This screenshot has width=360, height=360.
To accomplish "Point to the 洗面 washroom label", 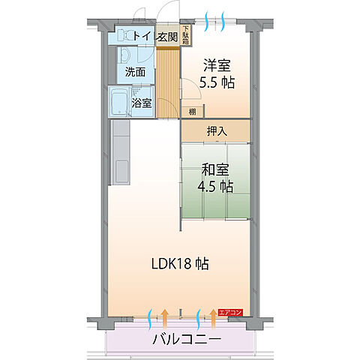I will point(136,73).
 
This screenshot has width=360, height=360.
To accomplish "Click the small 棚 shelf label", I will point(193,112).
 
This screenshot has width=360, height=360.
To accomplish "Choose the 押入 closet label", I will point(216,130).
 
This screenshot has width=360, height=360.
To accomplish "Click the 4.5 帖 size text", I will point(216,186).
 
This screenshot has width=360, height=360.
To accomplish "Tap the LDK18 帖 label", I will point(180,263).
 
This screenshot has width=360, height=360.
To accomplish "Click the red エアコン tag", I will point(230,312).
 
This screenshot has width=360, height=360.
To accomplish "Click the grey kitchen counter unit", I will point(121,154).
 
